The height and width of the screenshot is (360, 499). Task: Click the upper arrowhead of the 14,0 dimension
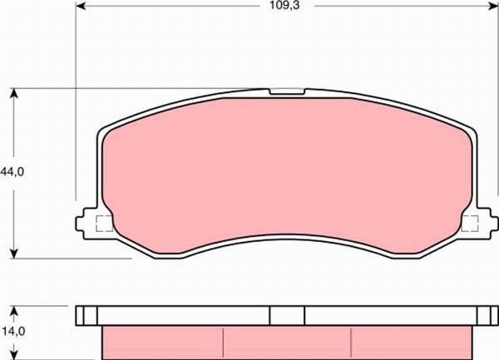[x=15, y=309]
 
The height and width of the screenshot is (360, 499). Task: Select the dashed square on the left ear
[x=104, y=223]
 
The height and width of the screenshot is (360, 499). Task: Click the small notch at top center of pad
[x=288, y=92]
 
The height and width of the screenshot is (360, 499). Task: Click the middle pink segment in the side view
[x=288, y=342]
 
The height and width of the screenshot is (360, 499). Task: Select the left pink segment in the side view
[x=162, y=342]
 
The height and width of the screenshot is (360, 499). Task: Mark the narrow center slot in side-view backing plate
[x=288, y=315]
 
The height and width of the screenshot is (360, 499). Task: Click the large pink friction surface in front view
[x=288, y=175]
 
